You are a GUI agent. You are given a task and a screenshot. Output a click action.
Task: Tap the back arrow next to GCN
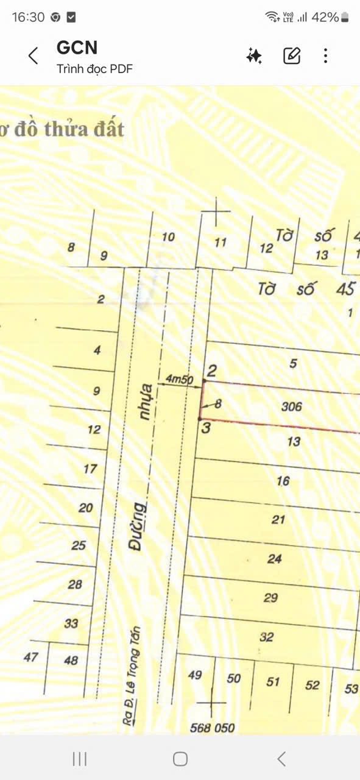[34, 56]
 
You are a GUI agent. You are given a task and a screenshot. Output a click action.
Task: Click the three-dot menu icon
[326, 56]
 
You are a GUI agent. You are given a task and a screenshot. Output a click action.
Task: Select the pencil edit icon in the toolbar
[292, 56]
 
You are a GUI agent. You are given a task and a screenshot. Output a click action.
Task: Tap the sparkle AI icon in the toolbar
[254, 56]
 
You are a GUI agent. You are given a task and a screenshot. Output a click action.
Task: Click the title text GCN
[77, 48]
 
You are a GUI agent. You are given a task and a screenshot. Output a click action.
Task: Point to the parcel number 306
[292, 406]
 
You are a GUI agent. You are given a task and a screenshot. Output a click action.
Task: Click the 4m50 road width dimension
[179, 380]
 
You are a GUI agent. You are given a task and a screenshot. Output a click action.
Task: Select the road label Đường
[138, 526]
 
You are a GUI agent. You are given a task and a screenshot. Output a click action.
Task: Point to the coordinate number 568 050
[212, 728]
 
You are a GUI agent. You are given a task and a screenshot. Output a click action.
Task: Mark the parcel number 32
[266, 637]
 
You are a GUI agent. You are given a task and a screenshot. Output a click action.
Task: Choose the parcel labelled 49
[195, 675]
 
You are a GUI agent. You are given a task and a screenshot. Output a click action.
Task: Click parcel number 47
[31, 658]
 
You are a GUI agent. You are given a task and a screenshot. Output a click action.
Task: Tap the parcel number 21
[279, 520]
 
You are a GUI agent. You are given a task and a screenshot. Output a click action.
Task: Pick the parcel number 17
[90, 469]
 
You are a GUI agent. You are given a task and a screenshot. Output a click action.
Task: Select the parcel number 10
[168, 236]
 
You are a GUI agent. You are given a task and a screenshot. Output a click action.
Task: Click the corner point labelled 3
[206, 428]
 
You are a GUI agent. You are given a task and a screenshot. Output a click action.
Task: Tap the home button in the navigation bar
[180, 759]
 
